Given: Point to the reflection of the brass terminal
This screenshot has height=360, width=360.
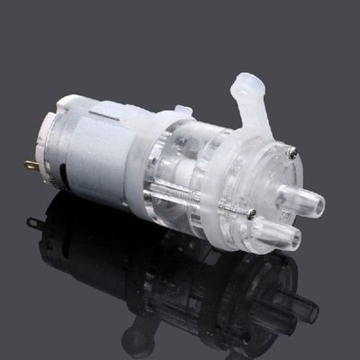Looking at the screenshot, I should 36,221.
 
